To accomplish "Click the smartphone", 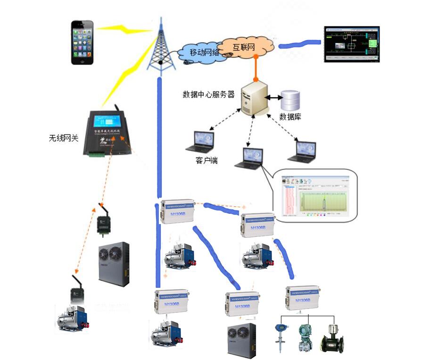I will (x=83, y=42).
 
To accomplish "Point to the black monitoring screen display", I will (x=352, y=44).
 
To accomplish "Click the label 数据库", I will (x=290, y=117).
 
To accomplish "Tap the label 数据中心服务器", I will (x=208, y=94).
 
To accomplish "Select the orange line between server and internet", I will (x=256, y=67).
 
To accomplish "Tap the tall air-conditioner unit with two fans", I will (x=113, y=264).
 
